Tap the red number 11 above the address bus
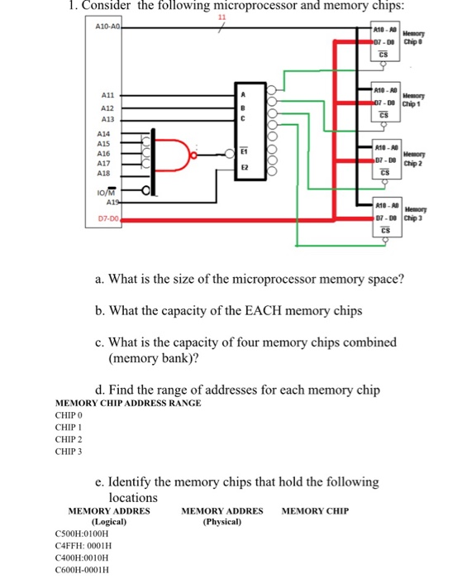pos(221,18)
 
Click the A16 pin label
pos(104,154)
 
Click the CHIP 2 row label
pos(69,439)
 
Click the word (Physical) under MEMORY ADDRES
pos(221,522)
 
